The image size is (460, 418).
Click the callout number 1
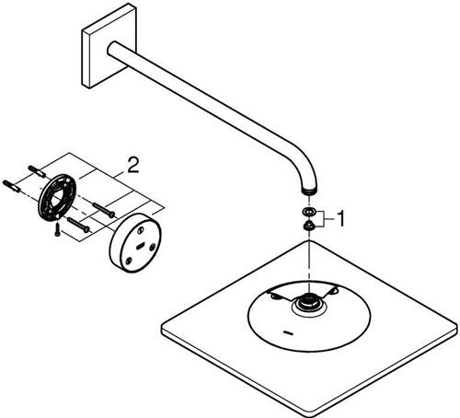339,218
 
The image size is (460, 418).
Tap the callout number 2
132,165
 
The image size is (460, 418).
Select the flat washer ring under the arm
307,211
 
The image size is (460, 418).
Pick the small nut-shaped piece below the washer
307,226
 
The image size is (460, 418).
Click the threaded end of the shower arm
309,192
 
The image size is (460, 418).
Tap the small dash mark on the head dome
290,332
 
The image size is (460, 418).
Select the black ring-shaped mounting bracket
56,196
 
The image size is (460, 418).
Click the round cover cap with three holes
135,242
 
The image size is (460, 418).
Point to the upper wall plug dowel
37,171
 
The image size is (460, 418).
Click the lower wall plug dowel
12,186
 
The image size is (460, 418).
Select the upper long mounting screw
104,210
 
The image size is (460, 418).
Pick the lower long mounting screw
78,225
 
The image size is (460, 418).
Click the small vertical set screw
57,229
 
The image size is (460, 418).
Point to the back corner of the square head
308,240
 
